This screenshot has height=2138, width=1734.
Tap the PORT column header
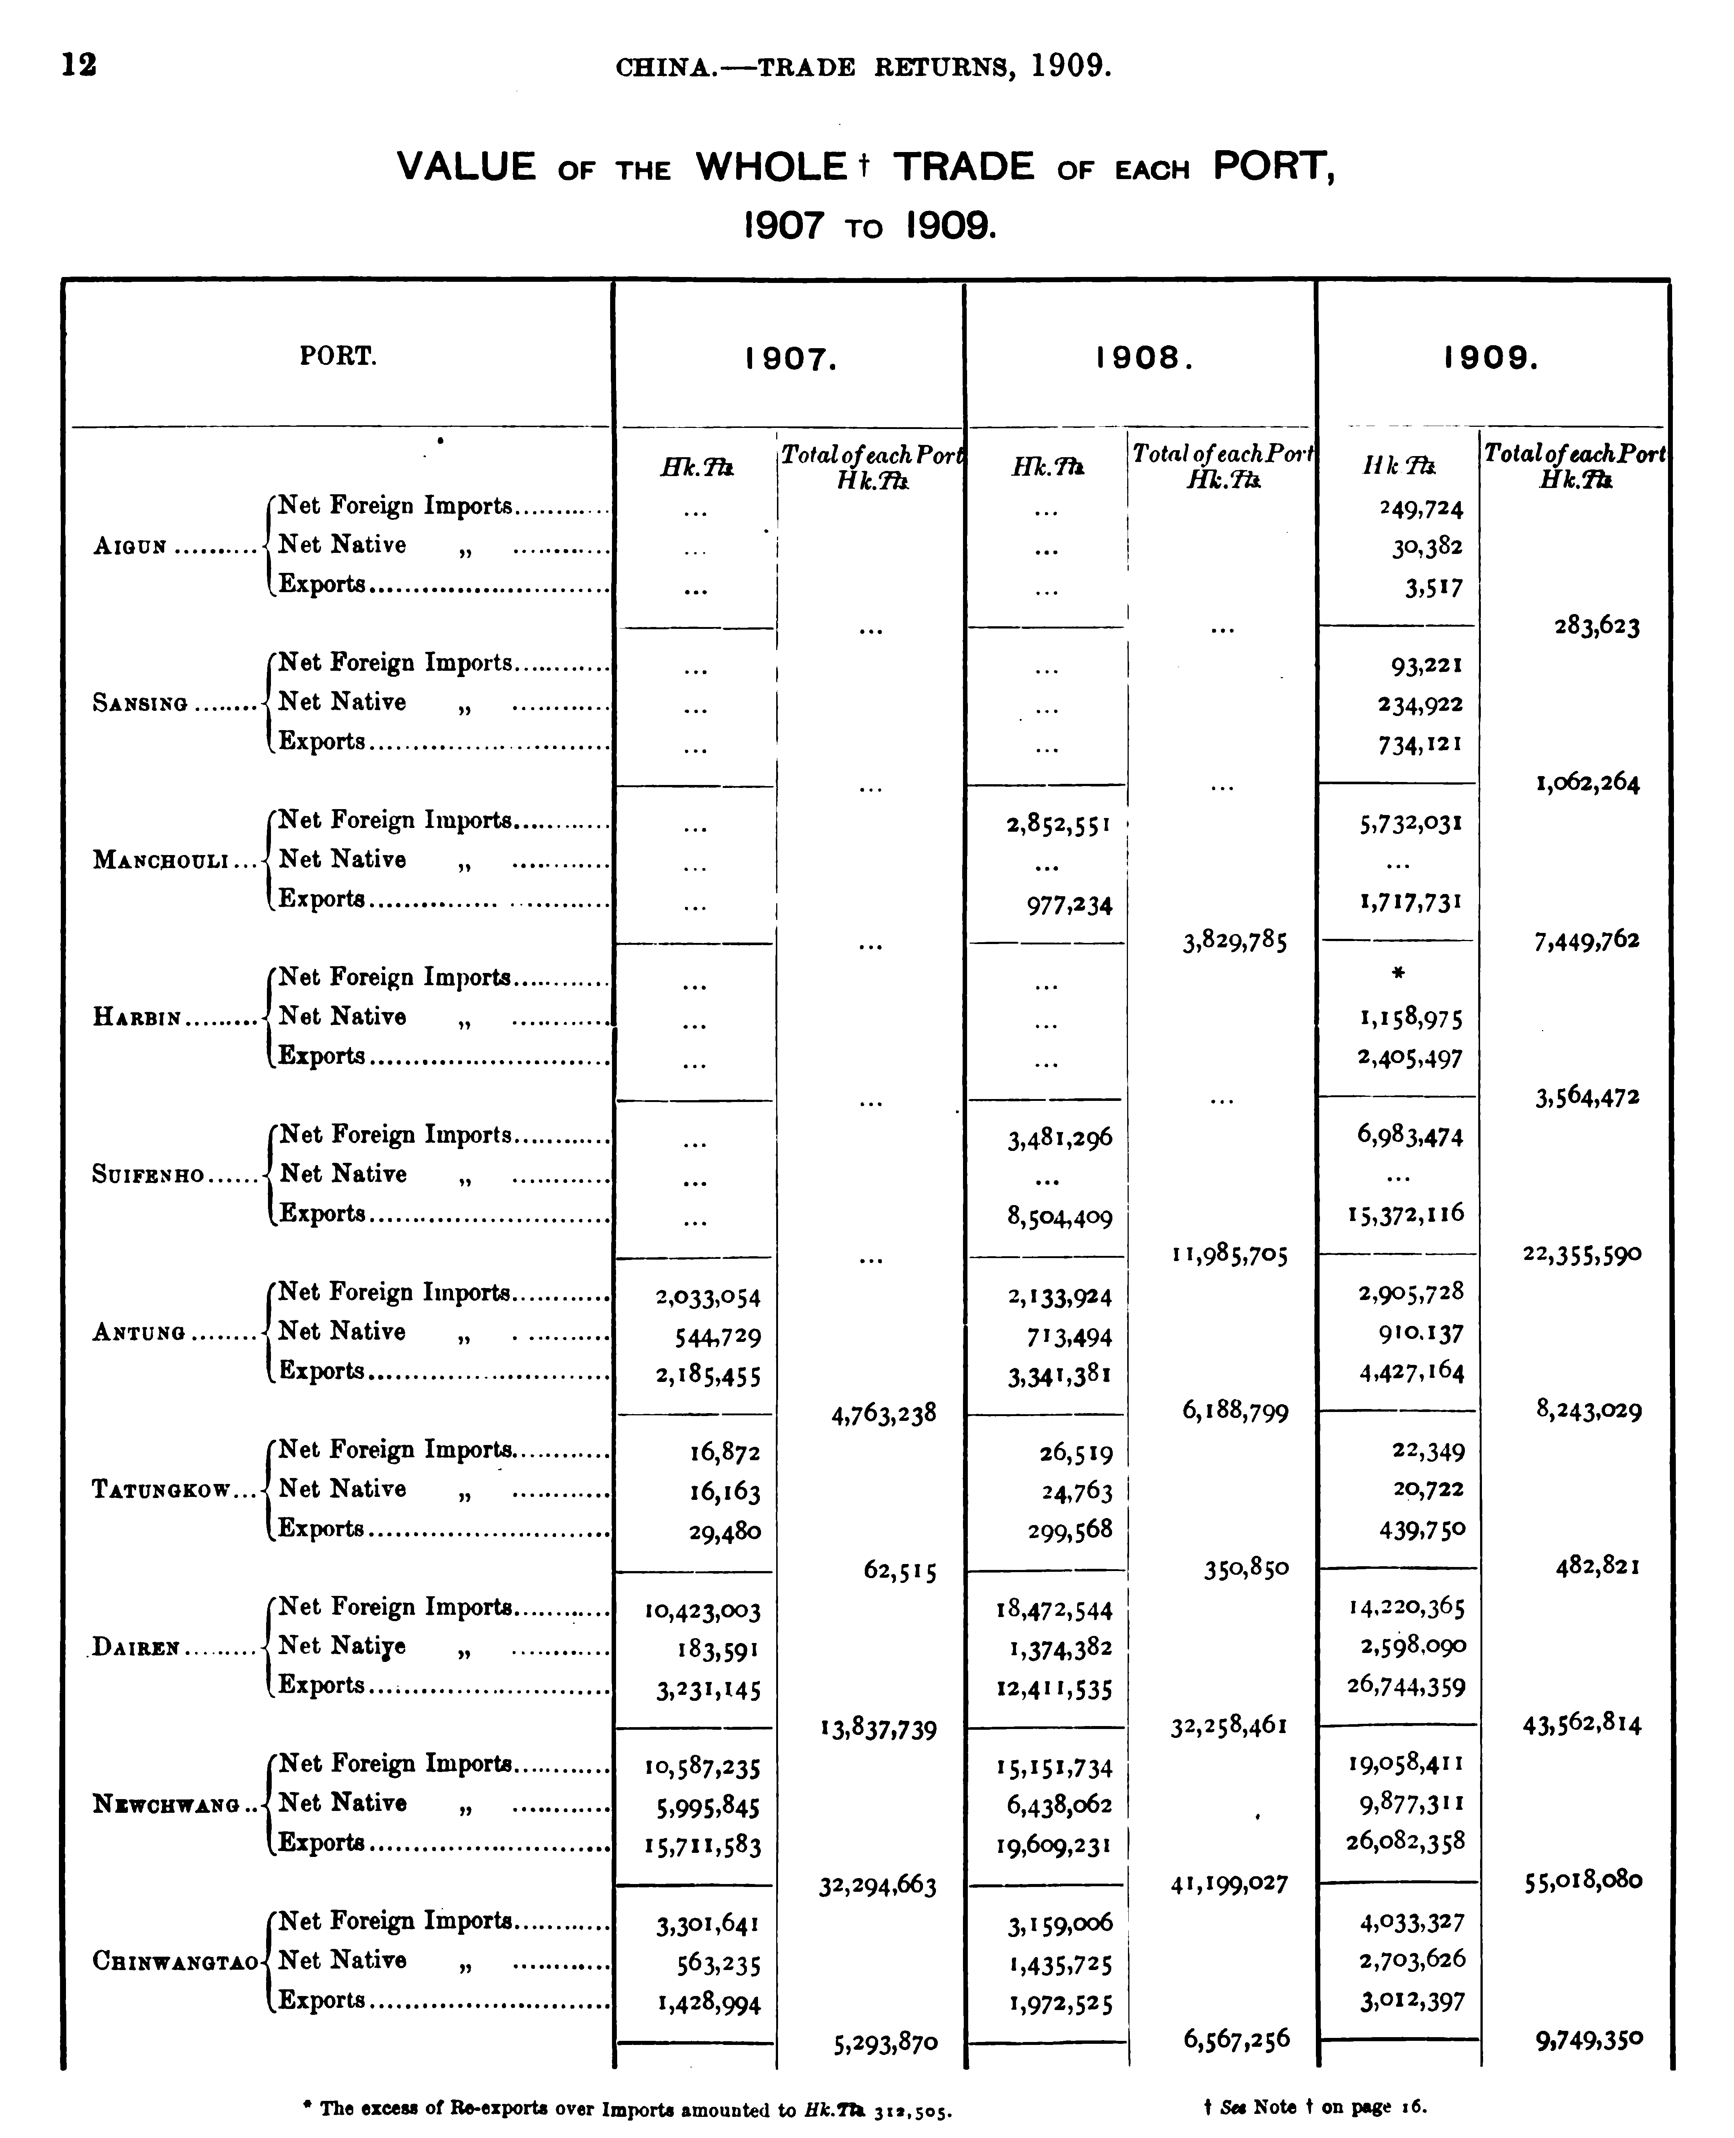tap(338, 356)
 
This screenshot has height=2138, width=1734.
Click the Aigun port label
tap(130, 547)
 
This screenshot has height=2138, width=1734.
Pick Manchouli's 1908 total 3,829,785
tap(1235, 941)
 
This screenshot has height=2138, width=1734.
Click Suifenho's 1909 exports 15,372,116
tap(1404, 1214)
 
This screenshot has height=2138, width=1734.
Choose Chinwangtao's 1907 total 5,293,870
tap(885, 2043)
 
